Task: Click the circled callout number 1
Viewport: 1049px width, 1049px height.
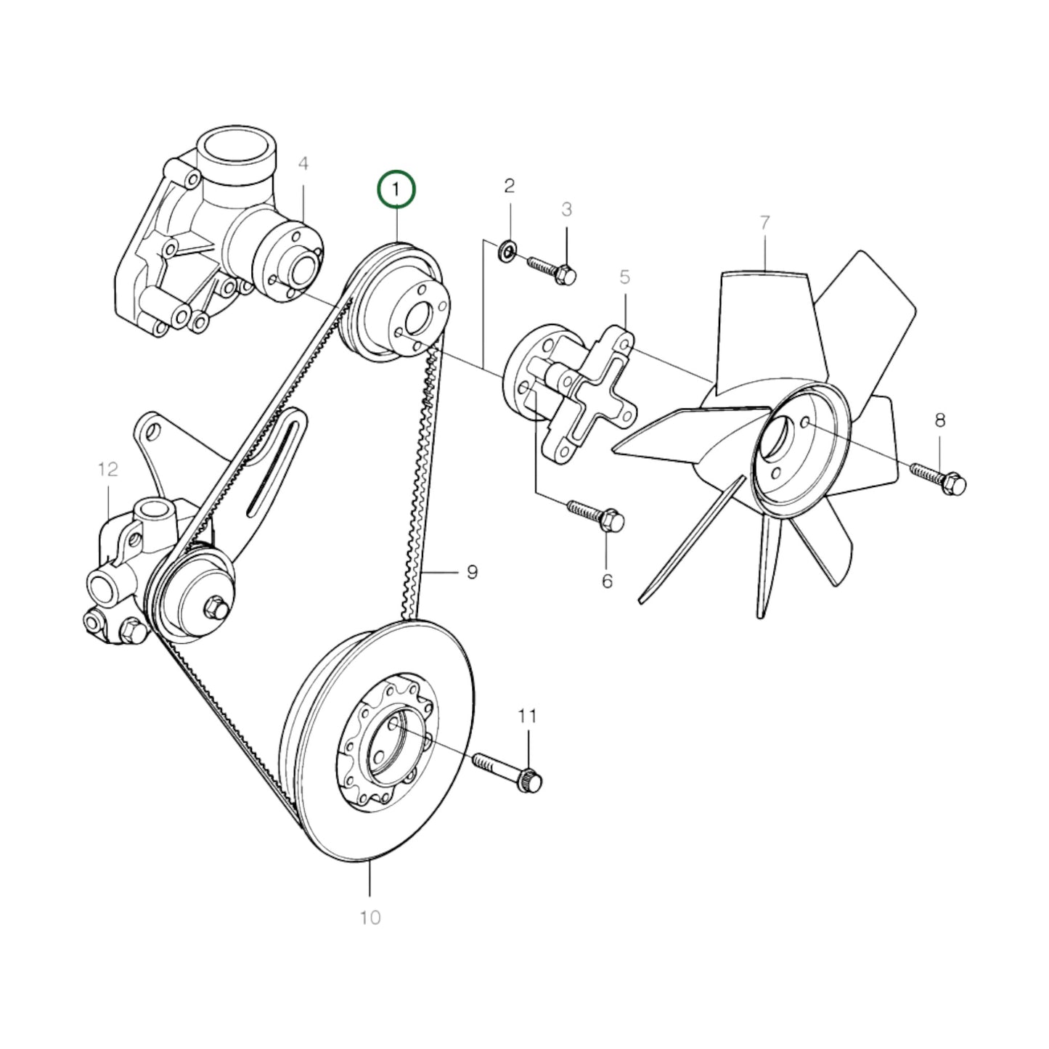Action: point(396,190)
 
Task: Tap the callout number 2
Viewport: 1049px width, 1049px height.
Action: point(509,186)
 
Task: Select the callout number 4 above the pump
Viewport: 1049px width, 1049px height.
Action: point(303,164)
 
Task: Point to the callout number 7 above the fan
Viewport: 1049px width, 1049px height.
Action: point(764,223)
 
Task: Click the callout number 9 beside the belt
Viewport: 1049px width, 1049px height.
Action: point(472,573)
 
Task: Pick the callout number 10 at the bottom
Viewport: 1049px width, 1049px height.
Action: point(370,918)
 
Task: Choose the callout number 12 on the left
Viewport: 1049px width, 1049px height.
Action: point(107,470)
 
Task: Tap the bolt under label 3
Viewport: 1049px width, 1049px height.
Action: point(552,268)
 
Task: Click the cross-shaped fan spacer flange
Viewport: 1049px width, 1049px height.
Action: point(592,396)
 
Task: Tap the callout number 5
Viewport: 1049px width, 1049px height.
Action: point(625,277)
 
